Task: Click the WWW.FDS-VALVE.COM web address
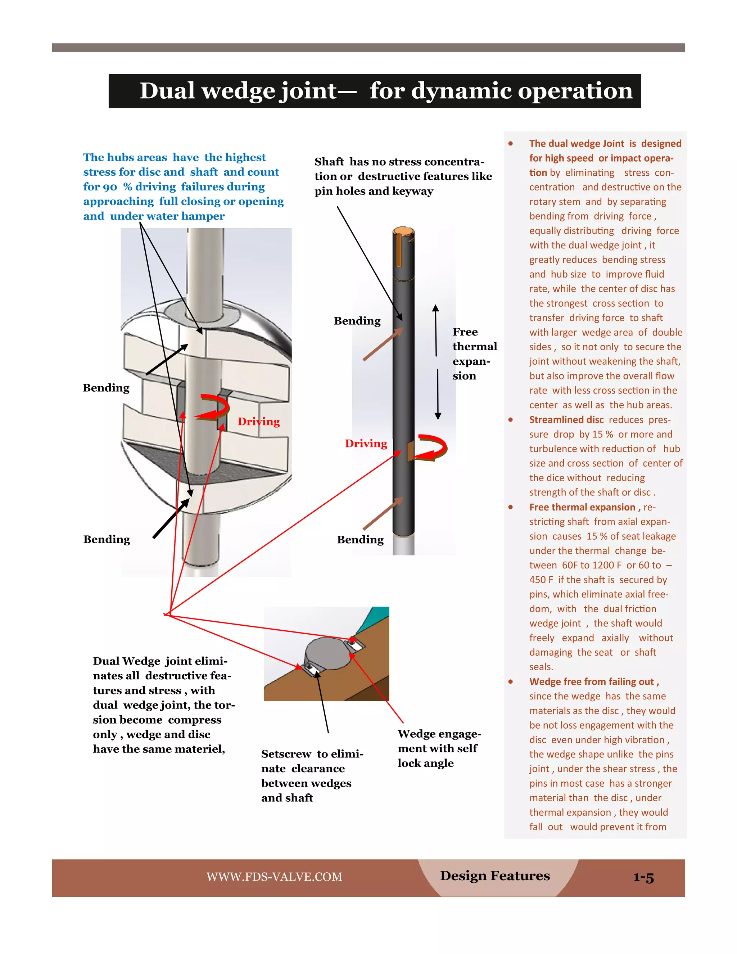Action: click(x=274, y=877)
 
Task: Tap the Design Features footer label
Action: click(x=495, y=876)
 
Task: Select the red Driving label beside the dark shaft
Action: click(x=366, y=444)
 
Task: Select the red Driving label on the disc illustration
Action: click(x=258, y=422)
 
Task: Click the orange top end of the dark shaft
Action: click(x=403, y=231)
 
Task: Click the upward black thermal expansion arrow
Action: click(x=436, y=330)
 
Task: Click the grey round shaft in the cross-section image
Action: click(x=327, y=653)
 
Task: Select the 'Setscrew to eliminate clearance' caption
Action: click(x=312, y=776)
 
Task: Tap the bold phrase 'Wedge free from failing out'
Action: click(x=593, y=681)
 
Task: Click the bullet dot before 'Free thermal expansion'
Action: click(x=510, y=507)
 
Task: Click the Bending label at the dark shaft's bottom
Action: click(x=360, y=540)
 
